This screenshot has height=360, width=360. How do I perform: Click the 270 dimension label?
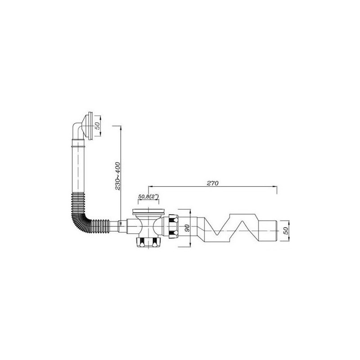pyautogui.click(x=212, y=183)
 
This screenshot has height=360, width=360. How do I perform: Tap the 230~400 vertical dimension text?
pyautogui.click(x=117, y=176)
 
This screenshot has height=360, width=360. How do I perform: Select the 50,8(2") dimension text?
pyautogui.click(x=148, y=197)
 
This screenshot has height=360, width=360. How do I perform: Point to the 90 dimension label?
pyautogui.click(x=187, y=228)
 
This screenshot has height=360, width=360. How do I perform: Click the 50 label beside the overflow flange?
pyautogui.click(x=98, y=126)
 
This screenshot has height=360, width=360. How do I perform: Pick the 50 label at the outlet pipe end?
pyautogui.click(x=286, y=231)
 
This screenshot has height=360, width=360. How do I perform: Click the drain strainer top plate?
pyautogui.click(x=148, y=211)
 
